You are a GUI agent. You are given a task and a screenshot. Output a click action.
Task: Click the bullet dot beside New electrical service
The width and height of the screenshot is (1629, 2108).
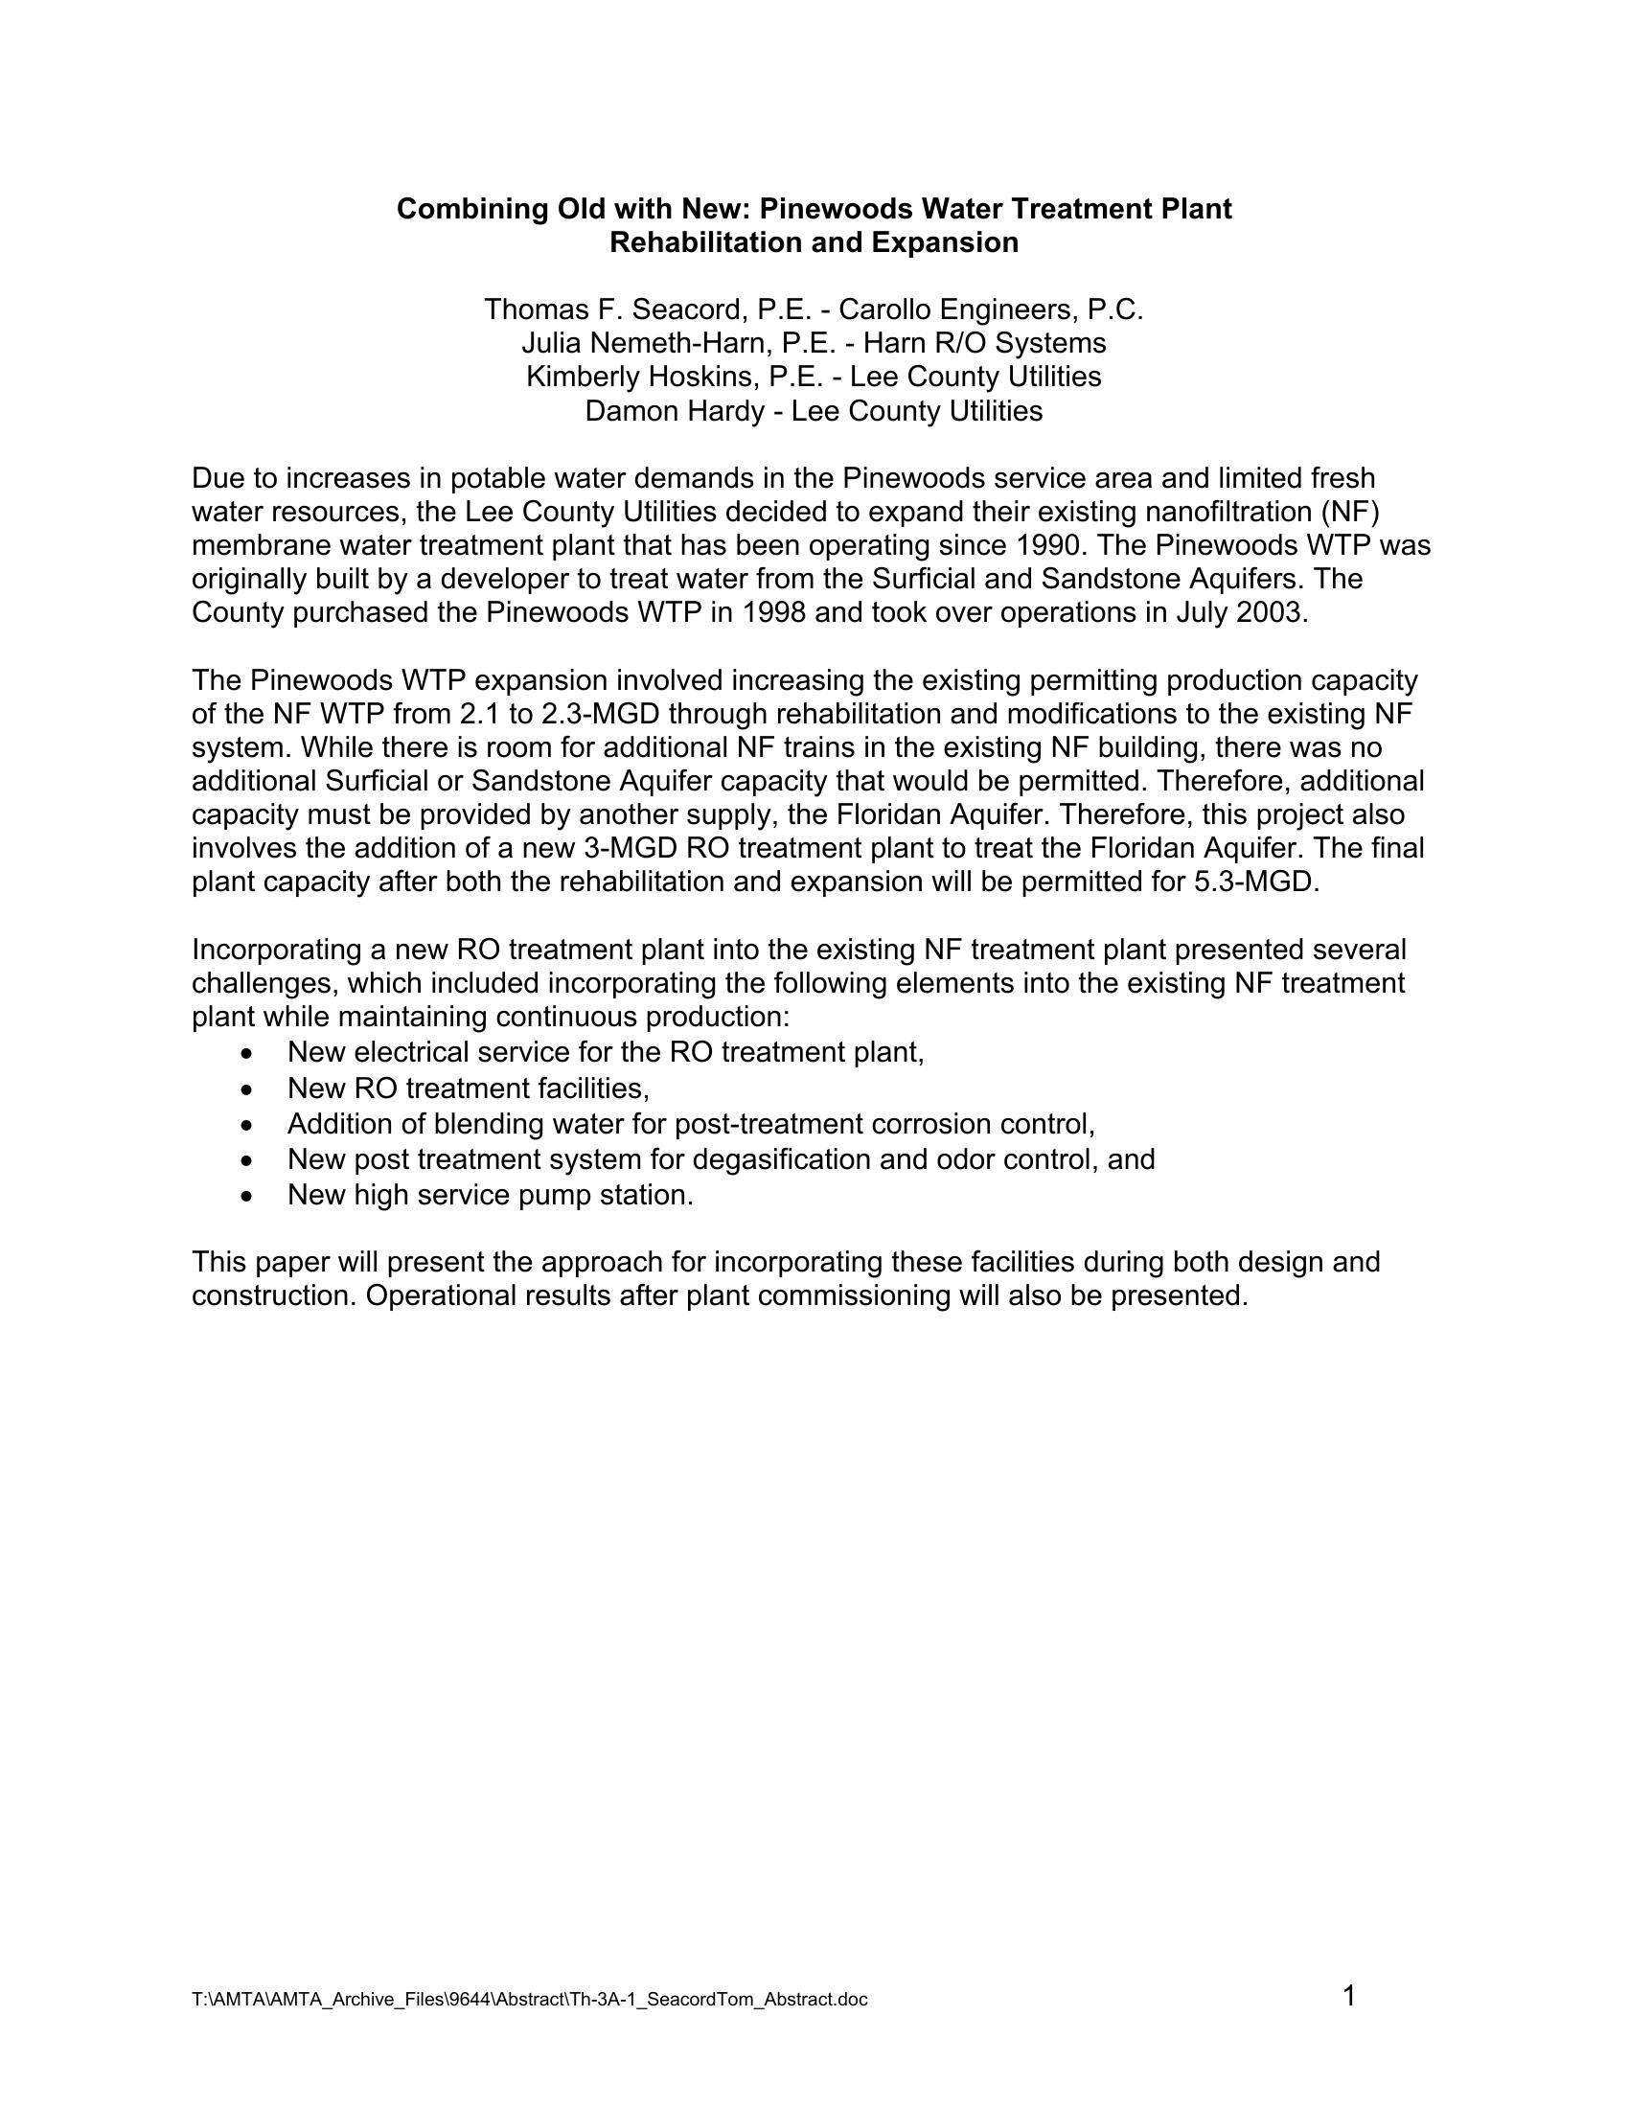(x=250, y=1053)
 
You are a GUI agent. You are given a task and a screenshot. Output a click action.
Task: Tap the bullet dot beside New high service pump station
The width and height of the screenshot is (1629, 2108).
(x=250, y=1197)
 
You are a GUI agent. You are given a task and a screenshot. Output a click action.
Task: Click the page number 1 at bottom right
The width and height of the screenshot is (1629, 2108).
(x=1349, y=1995)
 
